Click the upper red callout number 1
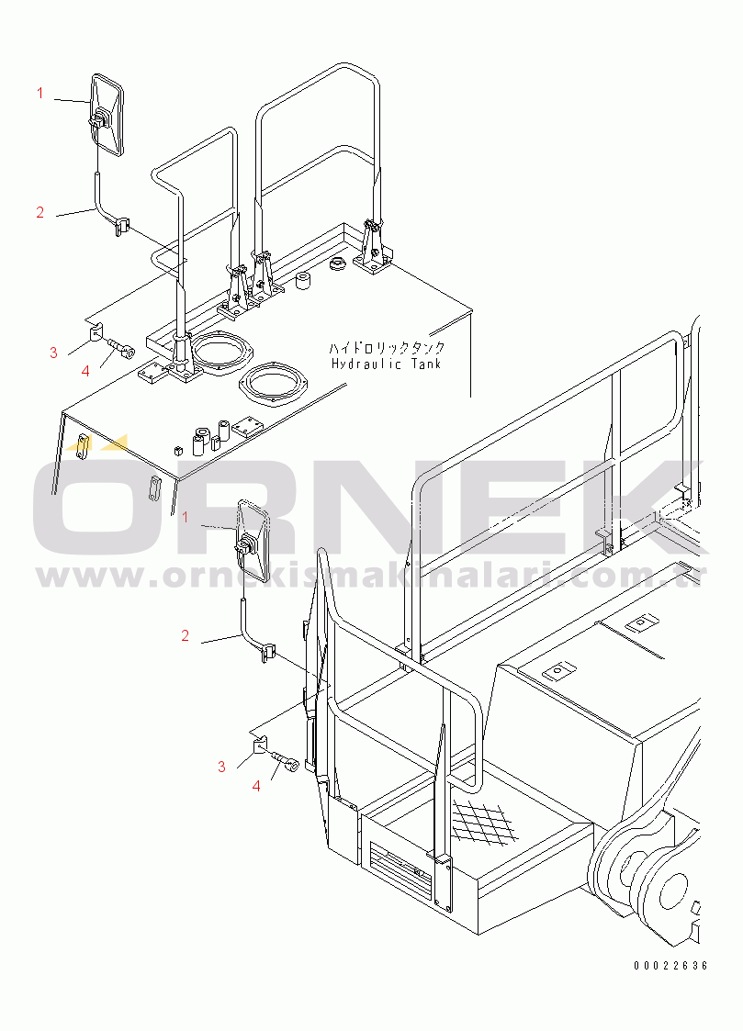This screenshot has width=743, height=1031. coord(40,94)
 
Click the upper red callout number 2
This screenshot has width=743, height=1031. coord(40,212)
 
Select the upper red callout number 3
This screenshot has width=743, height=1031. coord(54,353)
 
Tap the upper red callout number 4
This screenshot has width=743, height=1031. coord(85,372)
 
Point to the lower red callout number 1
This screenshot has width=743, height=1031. coord(186,518)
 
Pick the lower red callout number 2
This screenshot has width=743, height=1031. coord(185,635)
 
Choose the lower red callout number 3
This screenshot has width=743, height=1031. coord(221,767)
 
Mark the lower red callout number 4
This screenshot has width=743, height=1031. coord(256,786)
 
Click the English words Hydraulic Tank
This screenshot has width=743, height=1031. coord(386,364)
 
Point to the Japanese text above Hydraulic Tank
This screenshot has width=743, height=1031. coord(387,347)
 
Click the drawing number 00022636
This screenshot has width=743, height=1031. coord(670,966)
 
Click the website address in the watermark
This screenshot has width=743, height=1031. coord(371,576)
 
